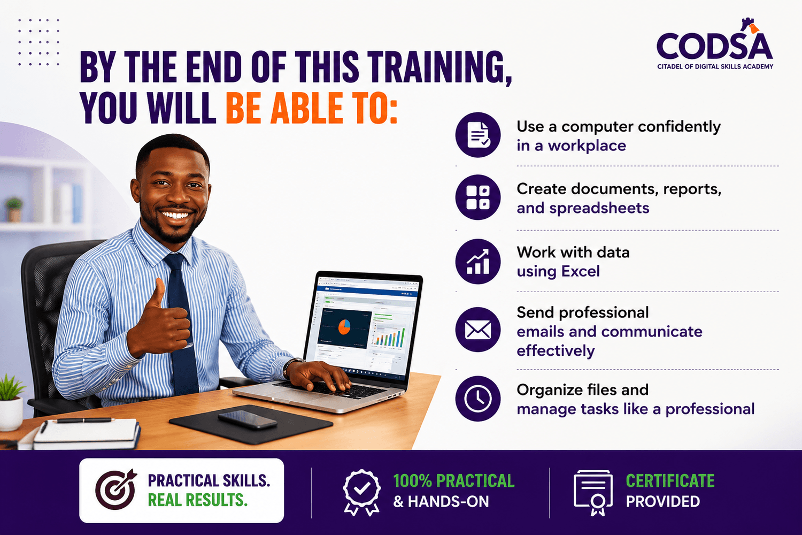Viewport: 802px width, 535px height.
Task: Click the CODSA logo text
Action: click(x=715, y=46)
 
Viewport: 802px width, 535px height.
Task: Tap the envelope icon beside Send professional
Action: click(x=478, y=330)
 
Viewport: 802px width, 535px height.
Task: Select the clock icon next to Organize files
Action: click(x=478, y=399)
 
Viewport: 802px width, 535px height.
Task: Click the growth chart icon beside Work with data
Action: click(x=478, y=262)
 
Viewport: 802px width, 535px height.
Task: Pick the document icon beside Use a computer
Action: click(x=478, y=135)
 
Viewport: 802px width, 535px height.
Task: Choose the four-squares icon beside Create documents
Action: click(x=478, y=197)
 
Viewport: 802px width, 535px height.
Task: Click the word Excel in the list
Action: click(x=580, y=271)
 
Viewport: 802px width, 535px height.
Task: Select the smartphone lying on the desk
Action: click(x=248, y=419)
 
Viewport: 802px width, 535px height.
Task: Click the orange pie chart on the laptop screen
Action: click(x=344, y=327)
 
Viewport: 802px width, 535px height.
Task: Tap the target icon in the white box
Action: click(x=115, y=490)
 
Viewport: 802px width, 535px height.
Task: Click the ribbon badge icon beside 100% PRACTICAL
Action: click(x=361, y=492)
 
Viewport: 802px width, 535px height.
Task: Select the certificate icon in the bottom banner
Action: click(x=593, y=493)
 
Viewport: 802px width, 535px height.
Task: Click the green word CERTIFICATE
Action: click(x=670, y=481)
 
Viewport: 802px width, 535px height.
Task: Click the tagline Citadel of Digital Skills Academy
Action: click(x=715, y=67)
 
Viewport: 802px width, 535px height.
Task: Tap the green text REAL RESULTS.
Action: click(x=198, y=500)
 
